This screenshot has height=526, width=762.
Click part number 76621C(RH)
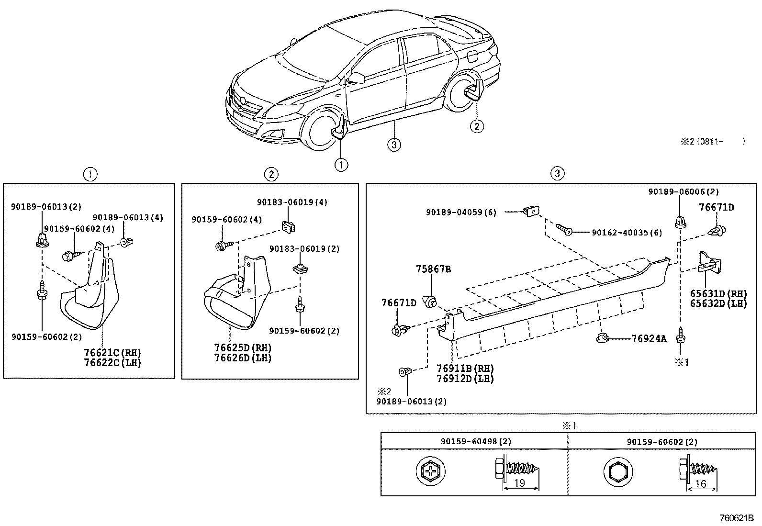(x=112, y=353)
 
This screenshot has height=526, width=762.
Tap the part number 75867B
(x=433, y=269)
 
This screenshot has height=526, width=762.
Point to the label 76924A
(x=649, y=339)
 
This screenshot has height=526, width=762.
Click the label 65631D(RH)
(x=718, y=293)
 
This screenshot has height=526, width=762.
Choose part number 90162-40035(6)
(x=627, y=233)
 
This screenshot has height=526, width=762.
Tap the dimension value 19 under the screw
(x=519, y=483)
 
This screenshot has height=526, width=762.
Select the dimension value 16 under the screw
(x=700, y=484)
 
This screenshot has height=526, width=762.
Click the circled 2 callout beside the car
(x=476, y=126)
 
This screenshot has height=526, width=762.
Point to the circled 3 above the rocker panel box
(x=557, y=173)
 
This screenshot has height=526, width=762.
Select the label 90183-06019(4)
(x=292, y=202)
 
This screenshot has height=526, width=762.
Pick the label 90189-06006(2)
(x=684, y=192)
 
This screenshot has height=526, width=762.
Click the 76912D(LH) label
(x=465, y=378)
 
